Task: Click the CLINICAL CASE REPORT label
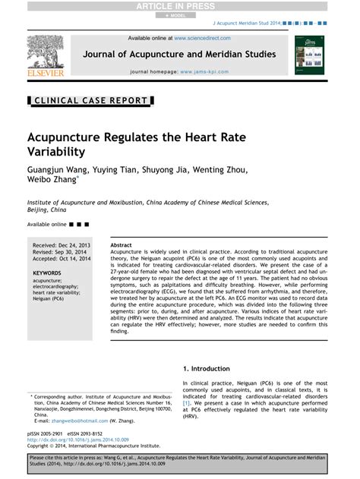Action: pyautogui.click(x=90, y=100)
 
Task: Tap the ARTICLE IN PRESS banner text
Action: pyautogui.click(x=179, y=5)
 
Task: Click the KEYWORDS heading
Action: pyautogui.click(x=47, y=272)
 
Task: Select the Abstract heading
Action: pyautogui.click(x=122, y=246)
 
